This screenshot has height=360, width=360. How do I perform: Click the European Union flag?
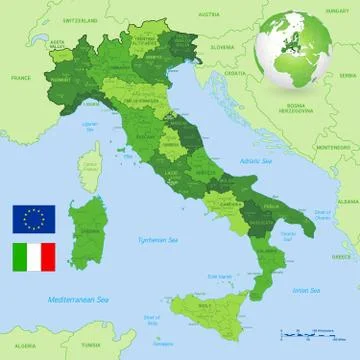34,218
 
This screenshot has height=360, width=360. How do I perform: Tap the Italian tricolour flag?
34,258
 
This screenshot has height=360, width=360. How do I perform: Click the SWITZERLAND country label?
81,19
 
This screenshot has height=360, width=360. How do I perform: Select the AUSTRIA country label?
208,15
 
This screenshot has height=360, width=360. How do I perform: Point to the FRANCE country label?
21,77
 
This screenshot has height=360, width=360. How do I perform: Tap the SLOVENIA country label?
222,47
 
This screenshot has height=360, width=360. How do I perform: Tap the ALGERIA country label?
20,337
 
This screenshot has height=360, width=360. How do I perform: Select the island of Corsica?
90,164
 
